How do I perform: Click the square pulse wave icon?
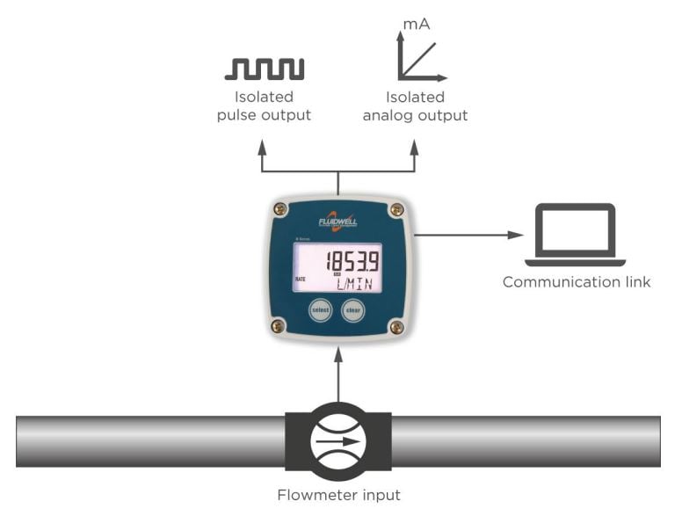pos(265,69)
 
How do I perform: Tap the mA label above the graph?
pos(416,25)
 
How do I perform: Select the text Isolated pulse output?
pos(265,106)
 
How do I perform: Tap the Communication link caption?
pos(577,282)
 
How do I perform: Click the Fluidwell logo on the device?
pos(338,220)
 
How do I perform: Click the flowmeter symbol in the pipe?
pos(338,440)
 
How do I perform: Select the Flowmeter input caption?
pos(338,494)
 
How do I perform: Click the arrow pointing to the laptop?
pos(469,235)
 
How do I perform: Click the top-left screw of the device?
pos(280,209)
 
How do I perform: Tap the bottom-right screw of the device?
pos(396,327)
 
